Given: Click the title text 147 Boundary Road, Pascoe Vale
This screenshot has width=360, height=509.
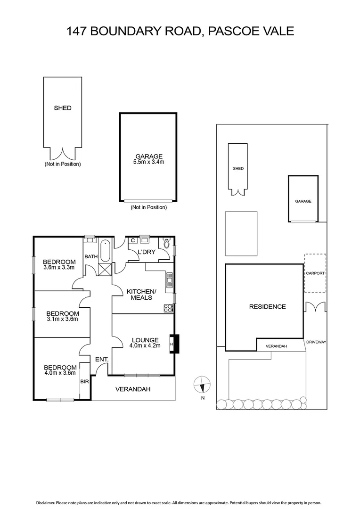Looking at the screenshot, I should point(180,31).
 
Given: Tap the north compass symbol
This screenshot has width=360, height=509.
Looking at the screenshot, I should point(202,385).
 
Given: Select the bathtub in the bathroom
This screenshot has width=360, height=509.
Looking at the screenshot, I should point(105,251).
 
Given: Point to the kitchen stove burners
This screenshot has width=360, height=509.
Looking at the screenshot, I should point(168,308).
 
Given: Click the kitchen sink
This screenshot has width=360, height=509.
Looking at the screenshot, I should point(169,281).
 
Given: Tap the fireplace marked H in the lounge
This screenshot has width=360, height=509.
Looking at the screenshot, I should point(172,344).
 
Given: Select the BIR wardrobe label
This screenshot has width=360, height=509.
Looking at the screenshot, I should point(85,381).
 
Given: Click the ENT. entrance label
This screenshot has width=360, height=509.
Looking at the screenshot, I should point(102,360).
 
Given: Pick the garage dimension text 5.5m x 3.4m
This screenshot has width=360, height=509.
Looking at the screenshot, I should point(149,162).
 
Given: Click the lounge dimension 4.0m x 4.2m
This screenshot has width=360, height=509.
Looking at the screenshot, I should point(146,345).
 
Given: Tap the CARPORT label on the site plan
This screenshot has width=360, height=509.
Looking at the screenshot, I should point(315,273).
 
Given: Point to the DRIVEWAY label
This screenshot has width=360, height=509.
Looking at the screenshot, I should point(316,342).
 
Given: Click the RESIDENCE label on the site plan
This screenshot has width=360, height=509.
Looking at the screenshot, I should point(267,307).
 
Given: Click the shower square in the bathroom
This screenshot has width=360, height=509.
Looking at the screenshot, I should point(105,270).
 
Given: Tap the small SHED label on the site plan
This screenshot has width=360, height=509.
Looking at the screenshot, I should point(238,168).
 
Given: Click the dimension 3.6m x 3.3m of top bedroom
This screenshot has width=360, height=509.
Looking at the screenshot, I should point(59,268).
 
